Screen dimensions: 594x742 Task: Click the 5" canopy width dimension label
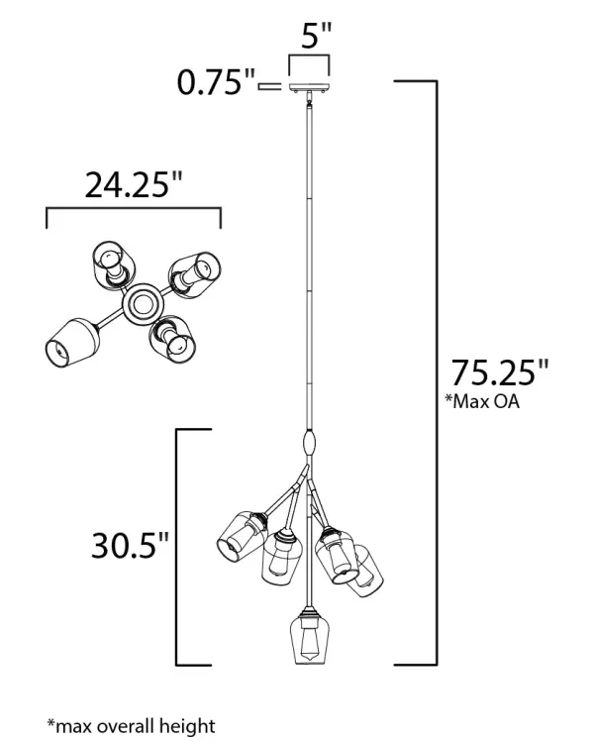pyautogui.click(x=317, y=35)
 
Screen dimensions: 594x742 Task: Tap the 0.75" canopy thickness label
pyautogui.click(x=215, y=82)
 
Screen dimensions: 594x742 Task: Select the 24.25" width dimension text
pyautogui.click(x=133, y=184)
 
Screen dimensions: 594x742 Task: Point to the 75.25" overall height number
pyautogui.click(x=499, y=372)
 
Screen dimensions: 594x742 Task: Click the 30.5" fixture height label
pyautogui.click(x=130, y=546)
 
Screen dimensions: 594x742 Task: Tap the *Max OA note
pyautogui.click(x=482, y=401)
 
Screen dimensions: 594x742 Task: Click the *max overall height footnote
pyautogui.click(x=131, y=725)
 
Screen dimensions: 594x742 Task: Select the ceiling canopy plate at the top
pyautogui.click(x=309, y=87)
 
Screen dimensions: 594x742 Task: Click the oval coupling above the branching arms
pyautogui.click(x=309, y=443)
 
